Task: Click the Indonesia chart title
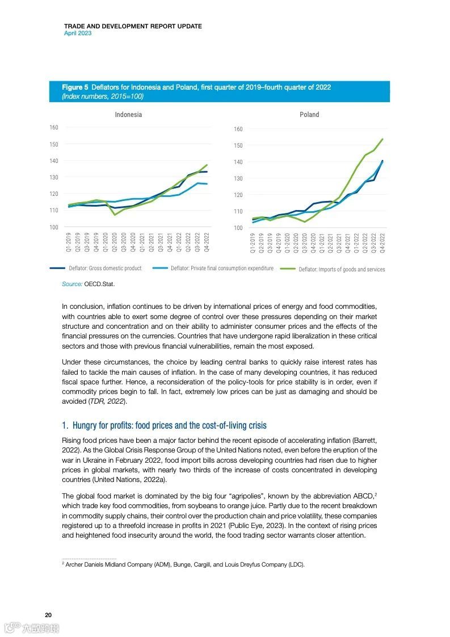(128, 115)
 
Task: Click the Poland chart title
(309, 115)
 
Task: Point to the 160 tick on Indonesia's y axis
(53, 127)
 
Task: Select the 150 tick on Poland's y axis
(238, 146)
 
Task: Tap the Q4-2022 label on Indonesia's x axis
(206, 242)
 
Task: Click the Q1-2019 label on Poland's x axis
(253, 242)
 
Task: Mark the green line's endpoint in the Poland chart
(382, 139)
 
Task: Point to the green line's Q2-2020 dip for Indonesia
(115, 215)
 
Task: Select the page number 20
(49, 615)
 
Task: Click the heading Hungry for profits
(164, 425)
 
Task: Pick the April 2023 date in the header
(78, 33)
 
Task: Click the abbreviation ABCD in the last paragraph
(359, 496)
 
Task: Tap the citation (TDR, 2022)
(107, 402)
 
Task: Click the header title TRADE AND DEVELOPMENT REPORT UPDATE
(133, 26)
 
